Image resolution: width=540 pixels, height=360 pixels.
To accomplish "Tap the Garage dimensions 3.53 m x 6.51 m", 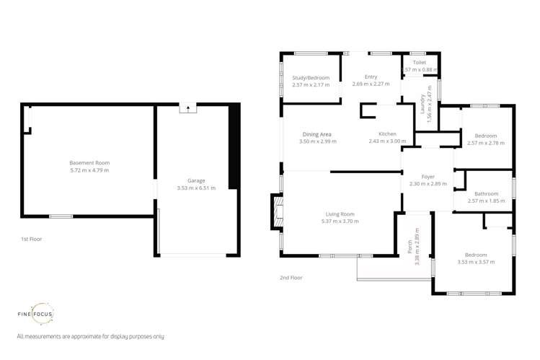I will pyautogui.click(x=196, y=188).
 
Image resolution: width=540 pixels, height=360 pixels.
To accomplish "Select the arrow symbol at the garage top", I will pyautogui.click(x=187, y=108).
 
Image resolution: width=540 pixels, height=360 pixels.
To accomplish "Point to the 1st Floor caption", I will pyautogui.click(x=31, y=239).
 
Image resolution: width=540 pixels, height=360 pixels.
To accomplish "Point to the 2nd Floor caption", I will pyautogui.click(x=291, y=278).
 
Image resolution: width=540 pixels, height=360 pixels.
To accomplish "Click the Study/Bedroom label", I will pyautogui.click(x=311, y=78).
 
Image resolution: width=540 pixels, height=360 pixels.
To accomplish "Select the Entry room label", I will pyautogui.click(x=371, y=77).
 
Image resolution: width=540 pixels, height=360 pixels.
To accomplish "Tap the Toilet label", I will pyautogui.click(x=420, y=63).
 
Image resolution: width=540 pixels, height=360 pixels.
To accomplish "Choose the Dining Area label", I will pyautogui.click(x=317, y=134).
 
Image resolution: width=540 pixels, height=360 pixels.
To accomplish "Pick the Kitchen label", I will pyautogui.click(x=387, y=134).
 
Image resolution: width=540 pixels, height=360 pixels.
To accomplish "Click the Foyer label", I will pyautogui.click(x=428, y=177).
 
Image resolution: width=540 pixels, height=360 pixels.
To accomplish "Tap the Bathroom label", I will pyautogui.click(x=487, y=193).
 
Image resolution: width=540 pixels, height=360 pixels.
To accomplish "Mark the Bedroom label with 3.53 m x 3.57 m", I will pyautogui.click(x=476, y=255).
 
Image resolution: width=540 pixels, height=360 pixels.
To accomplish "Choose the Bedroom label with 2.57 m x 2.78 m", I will pyautogui.click(x=486, y=136).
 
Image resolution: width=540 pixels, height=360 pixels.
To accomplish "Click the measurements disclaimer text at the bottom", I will pyautogui.click(x=90, y=337).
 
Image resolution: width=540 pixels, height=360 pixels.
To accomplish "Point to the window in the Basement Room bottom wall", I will pyautogui.click(x=61, y=216).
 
